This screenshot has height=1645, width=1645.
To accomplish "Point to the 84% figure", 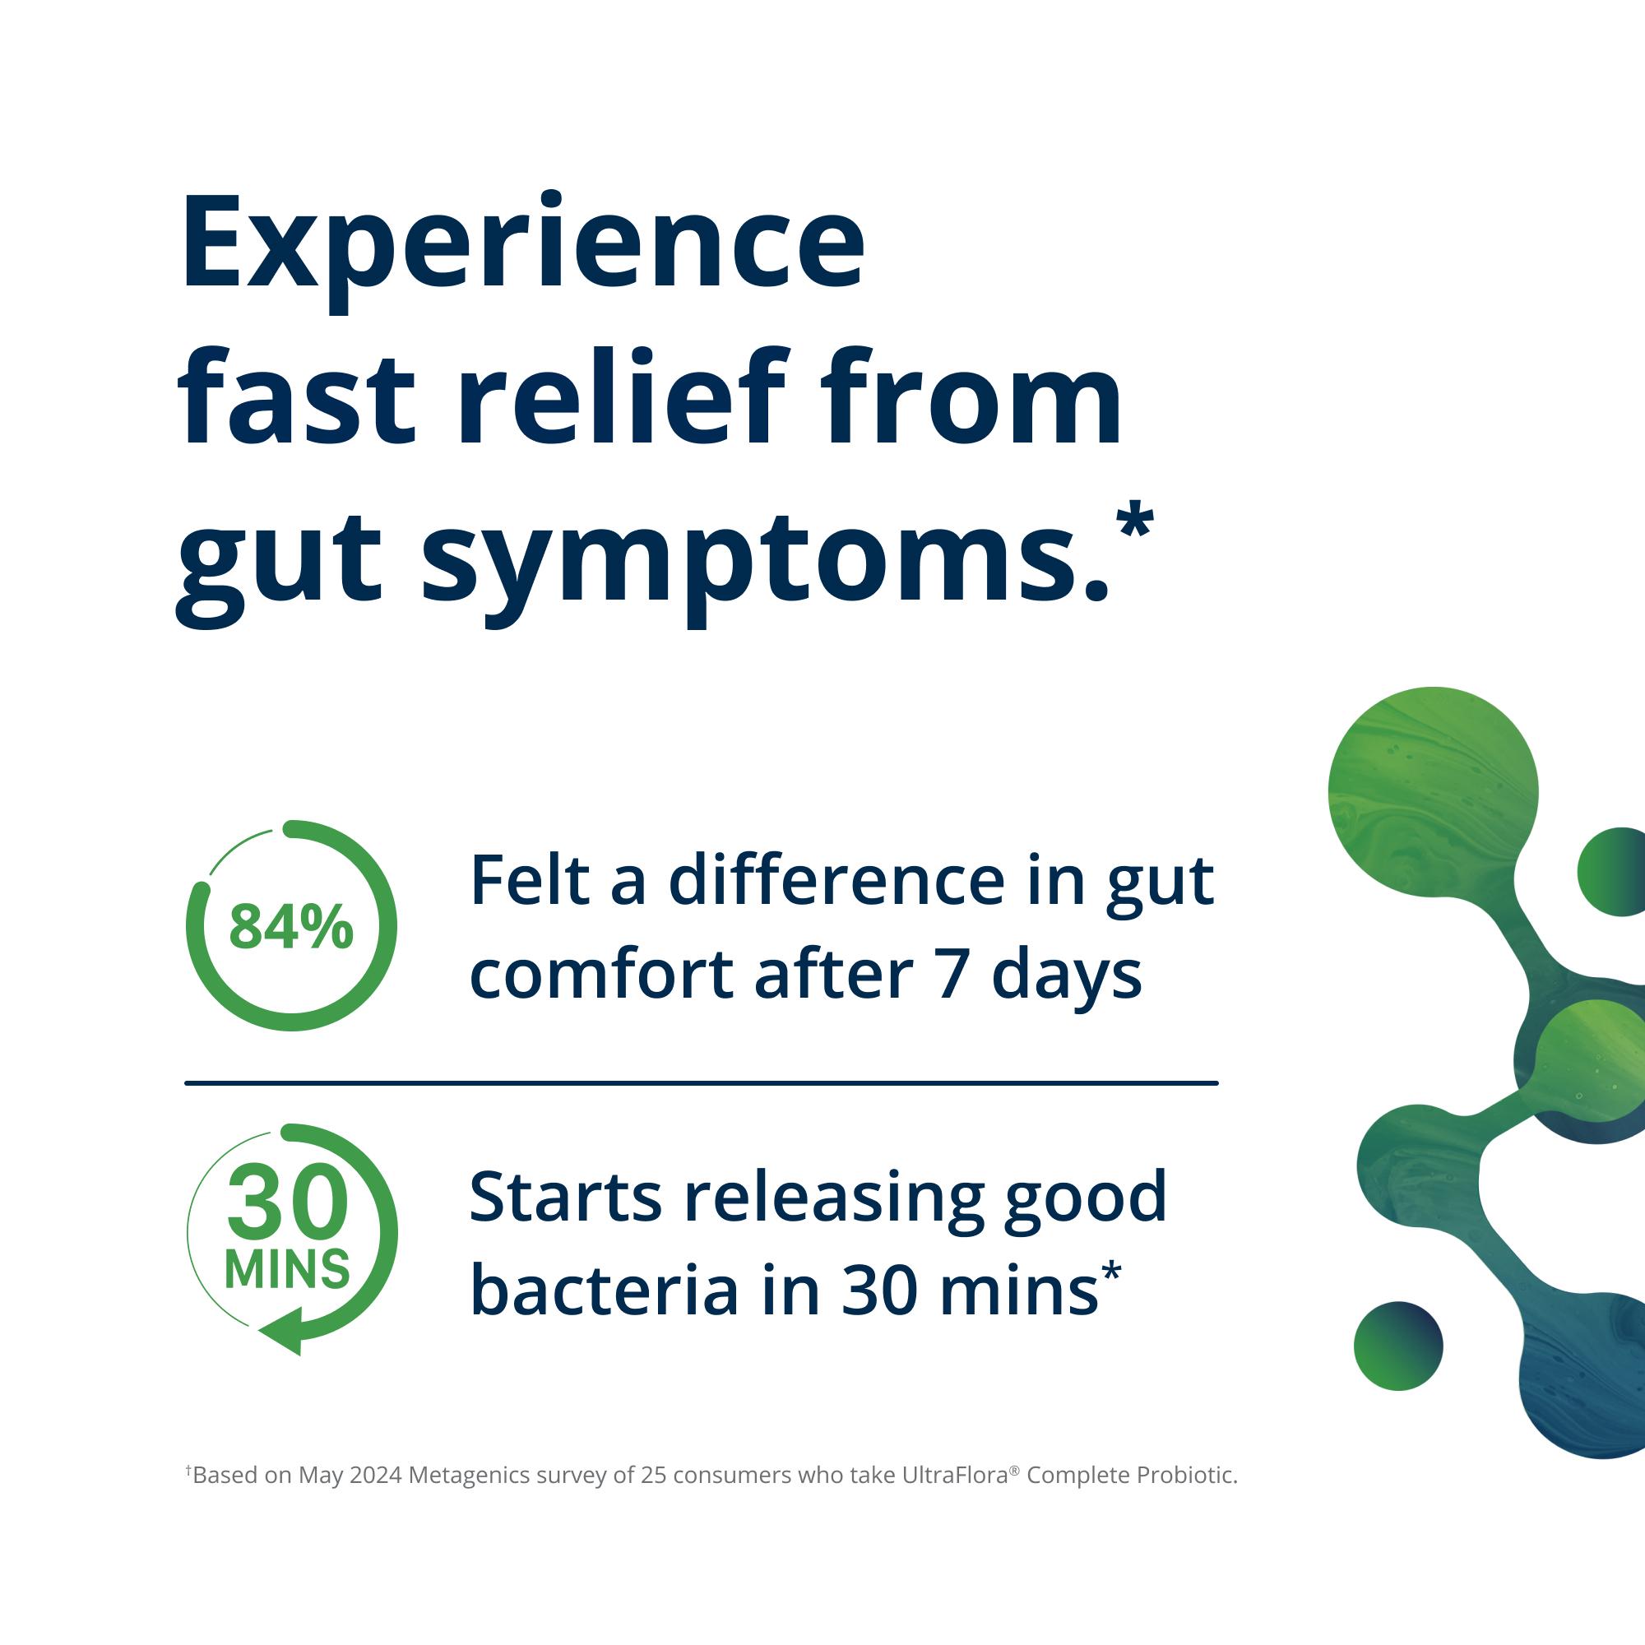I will click(291, 927).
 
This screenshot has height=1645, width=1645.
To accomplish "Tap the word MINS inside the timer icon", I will click(287, 1268).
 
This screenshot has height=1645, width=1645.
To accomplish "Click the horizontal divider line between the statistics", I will click(701, 1083).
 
